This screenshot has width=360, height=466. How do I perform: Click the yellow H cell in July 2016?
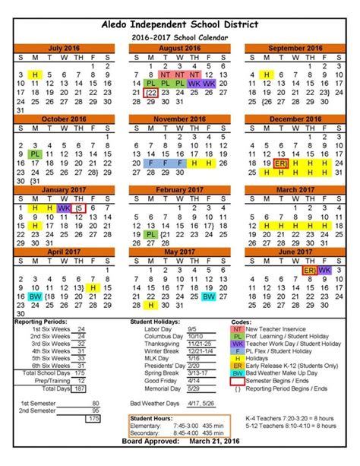pyautogui.click(x=34, y=74)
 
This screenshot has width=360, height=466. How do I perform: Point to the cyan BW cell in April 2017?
pyautogui.click(x=34, y=297)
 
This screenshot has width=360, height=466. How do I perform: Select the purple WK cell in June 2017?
pyautogui.click(x=325, y=270)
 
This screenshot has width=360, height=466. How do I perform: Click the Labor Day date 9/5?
pyautogui.click(x=192, y=328)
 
